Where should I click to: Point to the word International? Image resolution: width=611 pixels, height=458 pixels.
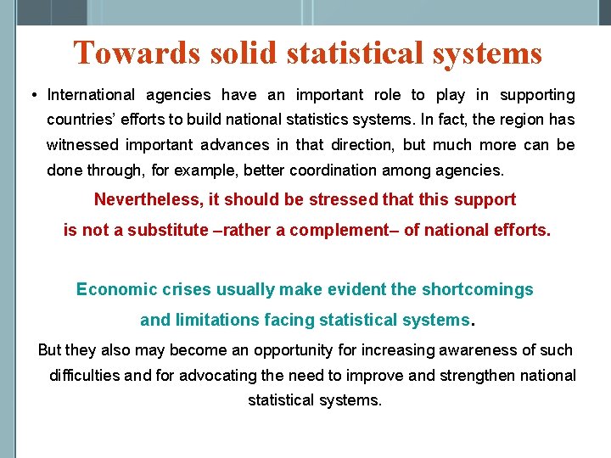(x=91, y=95)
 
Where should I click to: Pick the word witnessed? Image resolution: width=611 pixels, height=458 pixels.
(x=81, y=145)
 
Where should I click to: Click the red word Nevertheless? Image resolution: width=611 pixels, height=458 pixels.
(x=143, y=199)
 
